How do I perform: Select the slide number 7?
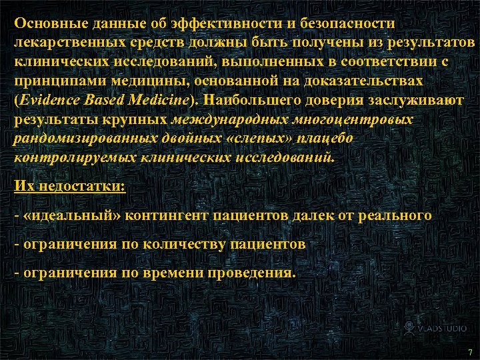(470, 351)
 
